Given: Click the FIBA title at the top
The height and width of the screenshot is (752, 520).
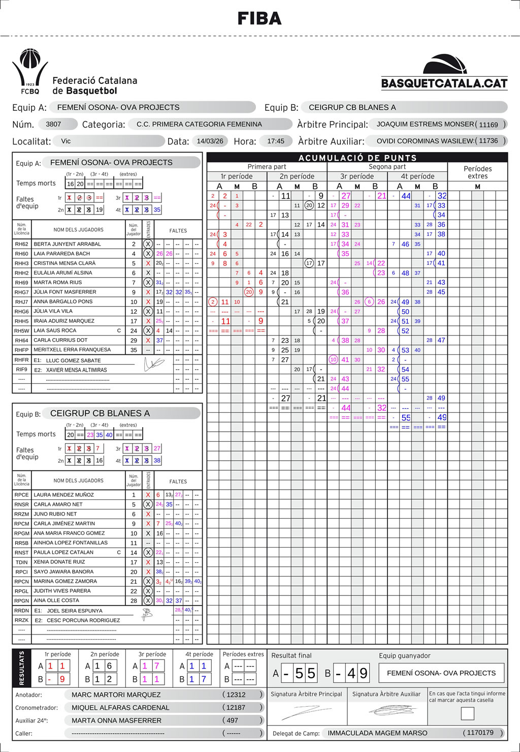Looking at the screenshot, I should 259,19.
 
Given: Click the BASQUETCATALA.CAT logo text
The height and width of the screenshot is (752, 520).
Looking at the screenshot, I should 444,83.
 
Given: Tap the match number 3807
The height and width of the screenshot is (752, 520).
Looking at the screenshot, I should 53,124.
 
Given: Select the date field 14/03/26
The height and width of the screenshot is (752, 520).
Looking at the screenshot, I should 210,141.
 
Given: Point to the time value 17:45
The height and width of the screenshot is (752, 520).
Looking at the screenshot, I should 276,141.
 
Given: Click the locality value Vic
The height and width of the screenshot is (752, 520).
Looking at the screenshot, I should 66,141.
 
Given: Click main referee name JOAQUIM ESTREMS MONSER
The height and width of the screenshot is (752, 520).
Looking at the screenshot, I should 425,124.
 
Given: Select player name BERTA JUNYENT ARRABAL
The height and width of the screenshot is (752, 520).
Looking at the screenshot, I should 67,244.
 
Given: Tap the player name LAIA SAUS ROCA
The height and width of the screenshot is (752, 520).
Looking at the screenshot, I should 55,330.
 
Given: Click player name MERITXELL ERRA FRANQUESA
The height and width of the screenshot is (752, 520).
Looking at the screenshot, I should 72,350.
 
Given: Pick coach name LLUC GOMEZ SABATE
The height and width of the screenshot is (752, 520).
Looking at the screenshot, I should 73,360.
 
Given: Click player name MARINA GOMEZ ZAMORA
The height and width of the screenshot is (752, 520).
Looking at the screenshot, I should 65,581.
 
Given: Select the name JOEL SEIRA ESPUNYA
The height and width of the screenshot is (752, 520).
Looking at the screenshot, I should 75,611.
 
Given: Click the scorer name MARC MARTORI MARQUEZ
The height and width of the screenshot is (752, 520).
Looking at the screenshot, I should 116,695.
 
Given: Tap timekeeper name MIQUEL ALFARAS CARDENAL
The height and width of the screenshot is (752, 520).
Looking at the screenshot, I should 120,707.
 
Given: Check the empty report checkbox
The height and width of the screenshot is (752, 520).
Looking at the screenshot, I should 467,713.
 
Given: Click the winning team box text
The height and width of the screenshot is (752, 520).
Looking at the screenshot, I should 441,673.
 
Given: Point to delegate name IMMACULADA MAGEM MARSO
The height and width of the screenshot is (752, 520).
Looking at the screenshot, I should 377,733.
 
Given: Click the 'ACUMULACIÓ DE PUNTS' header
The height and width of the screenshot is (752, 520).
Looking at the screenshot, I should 357,158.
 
